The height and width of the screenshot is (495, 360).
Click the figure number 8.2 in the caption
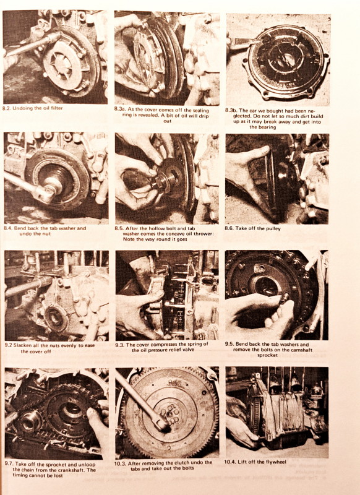pyautogui.click(x=6, y=108)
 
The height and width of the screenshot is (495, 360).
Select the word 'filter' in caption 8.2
pyautogui.click(x=57, y=108)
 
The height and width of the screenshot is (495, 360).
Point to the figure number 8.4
pyautogui.click(x=8, y=228)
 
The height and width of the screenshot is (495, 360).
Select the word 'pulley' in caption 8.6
pyautogui.click(x=273, y=228)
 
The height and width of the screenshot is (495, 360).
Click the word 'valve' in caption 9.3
pyautogui.click(x=187, y=350)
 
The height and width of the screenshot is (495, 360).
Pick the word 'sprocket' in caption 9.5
pyautogui.click(x=267, y=355)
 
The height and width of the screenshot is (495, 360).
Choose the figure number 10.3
pyautogui.click(x=119, y=463)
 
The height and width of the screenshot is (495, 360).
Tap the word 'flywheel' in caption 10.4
pyautogui.click(x=276, y=462)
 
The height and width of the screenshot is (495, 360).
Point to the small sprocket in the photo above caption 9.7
pyautogui.click(x=30, y=423)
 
